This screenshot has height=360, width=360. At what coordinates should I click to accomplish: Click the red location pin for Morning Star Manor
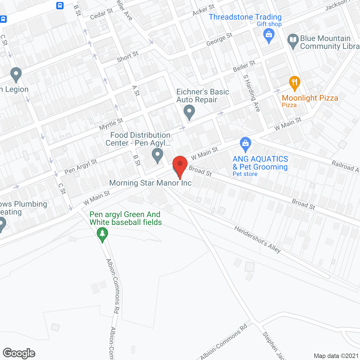pos(180,165)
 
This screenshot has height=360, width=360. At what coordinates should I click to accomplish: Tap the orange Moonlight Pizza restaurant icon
pos(294,83)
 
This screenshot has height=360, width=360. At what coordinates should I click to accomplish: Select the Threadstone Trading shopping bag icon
pos(269,36)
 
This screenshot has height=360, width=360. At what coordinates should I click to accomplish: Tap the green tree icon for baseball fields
pos(102,234)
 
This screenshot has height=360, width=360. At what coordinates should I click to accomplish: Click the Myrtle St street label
pos(111,124)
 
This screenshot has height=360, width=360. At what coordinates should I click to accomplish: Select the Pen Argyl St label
pos(81,166)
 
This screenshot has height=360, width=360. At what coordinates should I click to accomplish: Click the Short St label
pos(128,57)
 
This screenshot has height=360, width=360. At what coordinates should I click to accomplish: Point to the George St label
pos(219,39)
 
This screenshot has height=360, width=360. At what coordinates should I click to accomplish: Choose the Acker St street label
pos(203,10)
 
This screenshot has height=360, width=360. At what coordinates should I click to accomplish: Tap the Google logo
pos(19,353)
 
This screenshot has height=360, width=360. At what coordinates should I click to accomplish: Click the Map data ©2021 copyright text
pos(336,356)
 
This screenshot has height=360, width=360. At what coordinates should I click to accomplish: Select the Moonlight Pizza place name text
pos(310,98)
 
